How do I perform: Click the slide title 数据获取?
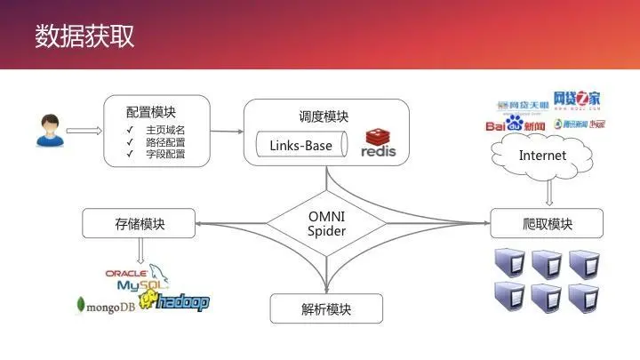tap(85, 36)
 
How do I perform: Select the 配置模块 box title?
tap(151, 112)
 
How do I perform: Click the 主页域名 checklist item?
tap(166, 130)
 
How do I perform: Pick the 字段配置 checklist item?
tap(166, 154)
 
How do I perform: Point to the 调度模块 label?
tap(324, 116)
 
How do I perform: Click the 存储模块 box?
tap(140, 223)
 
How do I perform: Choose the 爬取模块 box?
tap(546, 223)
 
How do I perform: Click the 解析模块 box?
tap(326, 309)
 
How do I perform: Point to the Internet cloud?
tap(542, 156)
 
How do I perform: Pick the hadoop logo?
tap(183, 302)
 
